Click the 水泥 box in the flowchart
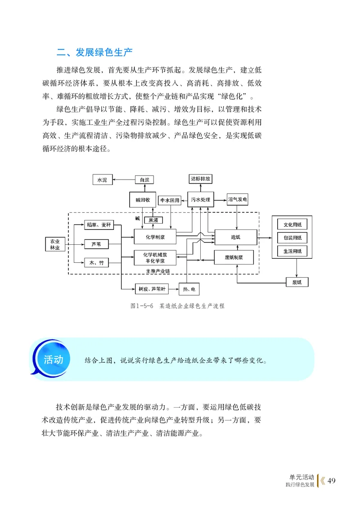(x=102, y=180)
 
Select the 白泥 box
(x=144, y=180)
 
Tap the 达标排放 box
(x=200, y=179)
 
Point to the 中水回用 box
(x=170, y=200)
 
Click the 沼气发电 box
(x=237, y=199)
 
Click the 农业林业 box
(x=55, y=244)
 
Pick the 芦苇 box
(x=96, y=244)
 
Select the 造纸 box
(x=235, y=237)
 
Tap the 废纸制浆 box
(x=234, y=258)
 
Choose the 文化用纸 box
(x=292, y=225)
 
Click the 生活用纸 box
(x=292, y=251)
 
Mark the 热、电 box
(x=189, y=288)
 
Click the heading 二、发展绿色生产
(x=94, y=52)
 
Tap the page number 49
(x=331, y=481)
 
